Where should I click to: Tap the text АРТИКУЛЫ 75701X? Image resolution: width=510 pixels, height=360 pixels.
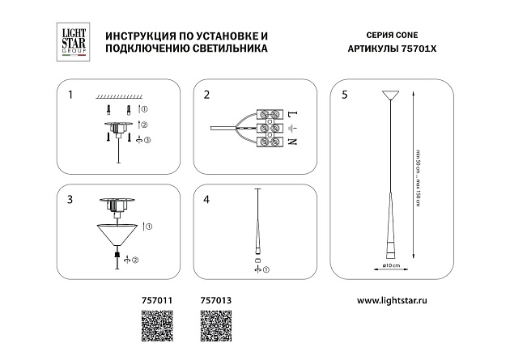click(393, 49)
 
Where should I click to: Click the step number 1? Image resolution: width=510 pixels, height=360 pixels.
click(70, 95)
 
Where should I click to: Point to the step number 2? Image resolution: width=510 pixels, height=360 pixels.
click(206, 95)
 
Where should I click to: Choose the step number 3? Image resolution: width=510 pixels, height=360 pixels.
click(70, 199)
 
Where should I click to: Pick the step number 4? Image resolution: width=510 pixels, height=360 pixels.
click(206, 199)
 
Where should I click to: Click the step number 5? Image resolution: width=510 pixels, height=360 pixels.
click(346, 95)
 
